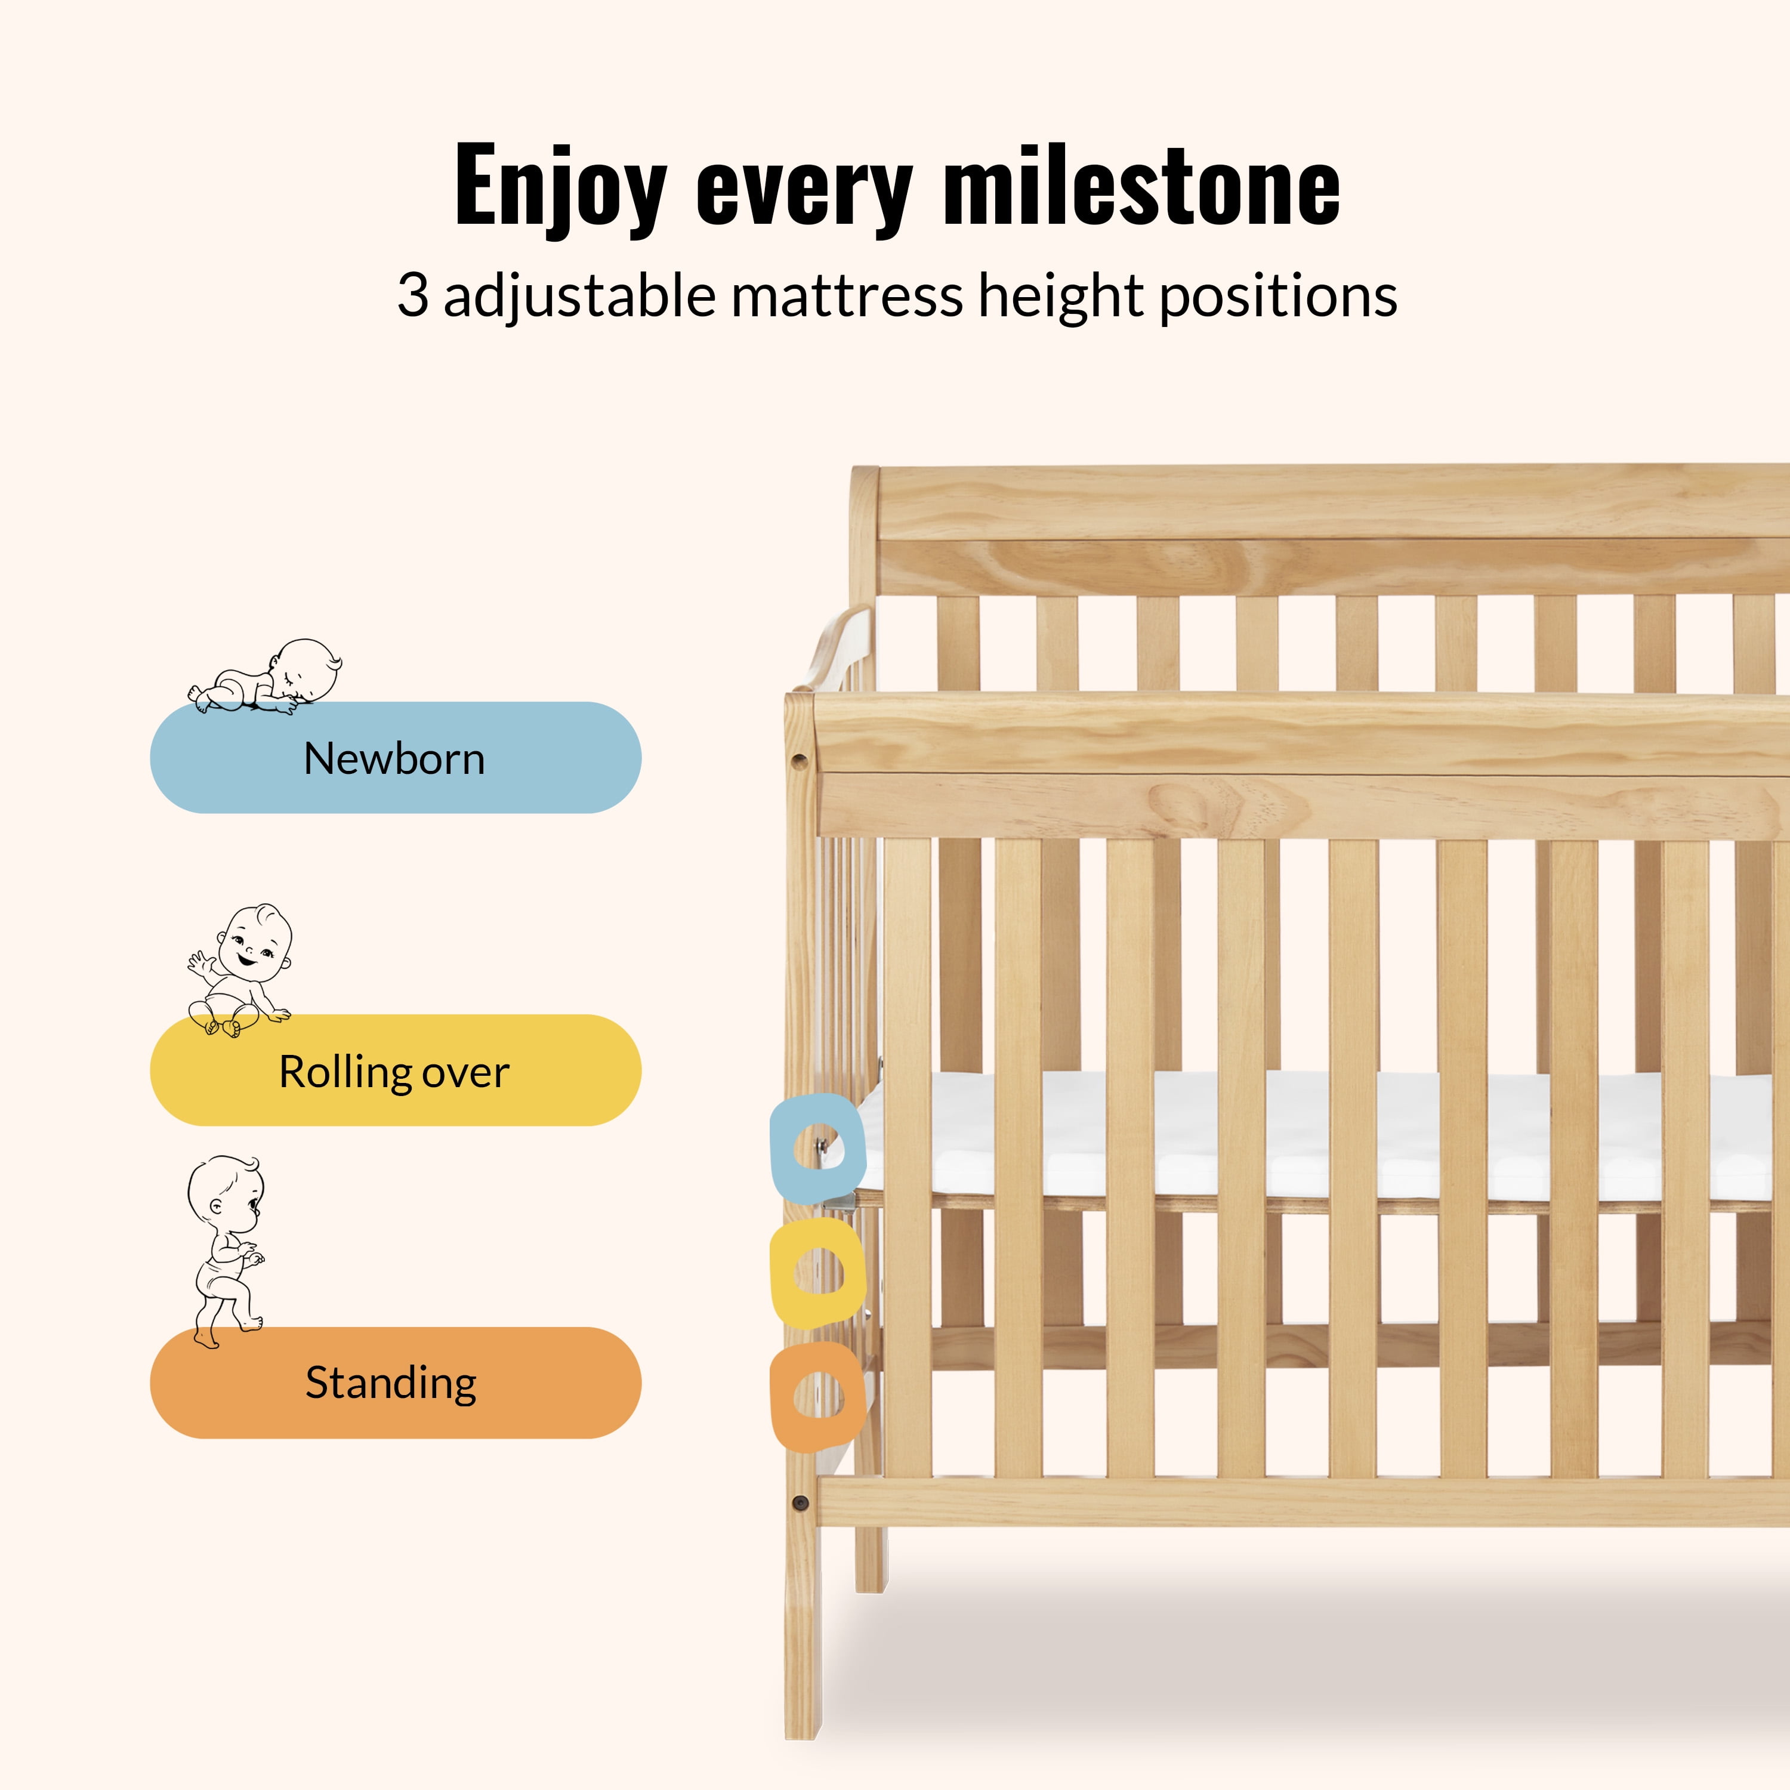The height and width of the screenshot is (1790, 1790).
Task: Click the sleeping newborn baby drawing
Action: click(267, 677)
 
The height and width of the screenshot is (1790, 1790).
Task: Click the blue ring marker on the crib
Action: click(817, 1148)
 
